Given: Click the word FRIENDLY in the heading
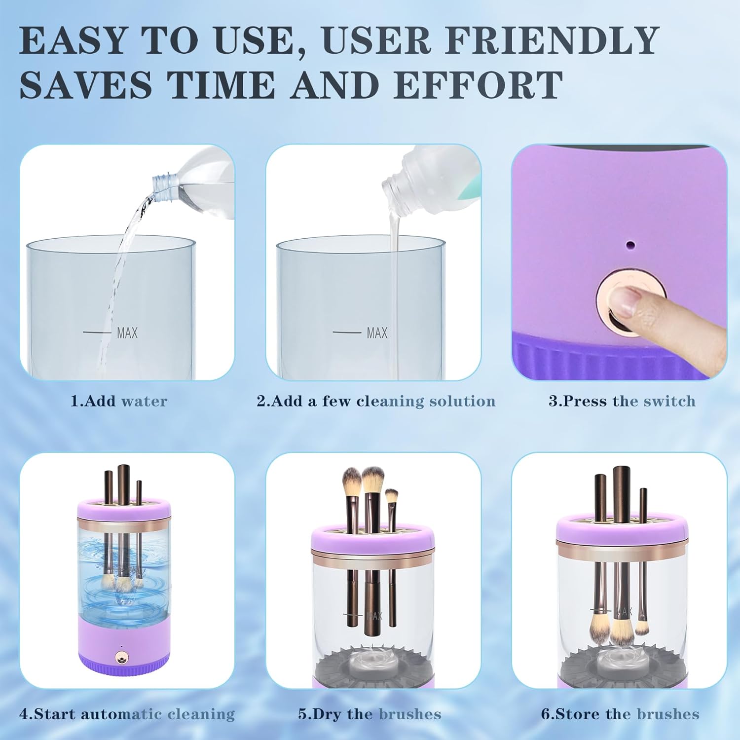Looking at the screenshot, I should [x=552, y=40].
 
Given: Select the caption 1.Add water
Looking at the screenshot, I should [x=119, y=401].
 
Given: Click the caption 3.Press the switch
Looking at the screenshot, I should [x=622, y=401].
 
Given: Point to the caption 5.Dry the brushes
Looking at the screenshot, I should [x=370, y=714].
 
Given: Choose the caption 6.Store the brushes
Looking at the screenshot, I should [x=620, y=714].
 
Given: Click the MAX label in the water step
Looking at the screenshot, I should [x=127, y=333].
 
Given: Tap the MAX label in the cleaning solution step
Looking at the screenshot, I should [x=377, y=333].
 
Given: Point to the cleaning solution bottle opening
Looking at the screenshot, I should [x=393, y=189].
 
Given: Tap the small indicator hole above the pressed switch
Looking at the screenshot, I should [x=629, y=244].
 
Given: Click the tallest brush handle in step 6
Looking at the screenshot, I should [x=622, y=493].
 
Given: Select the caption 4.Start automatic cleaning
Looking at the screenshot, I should [x=127, y=714].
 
